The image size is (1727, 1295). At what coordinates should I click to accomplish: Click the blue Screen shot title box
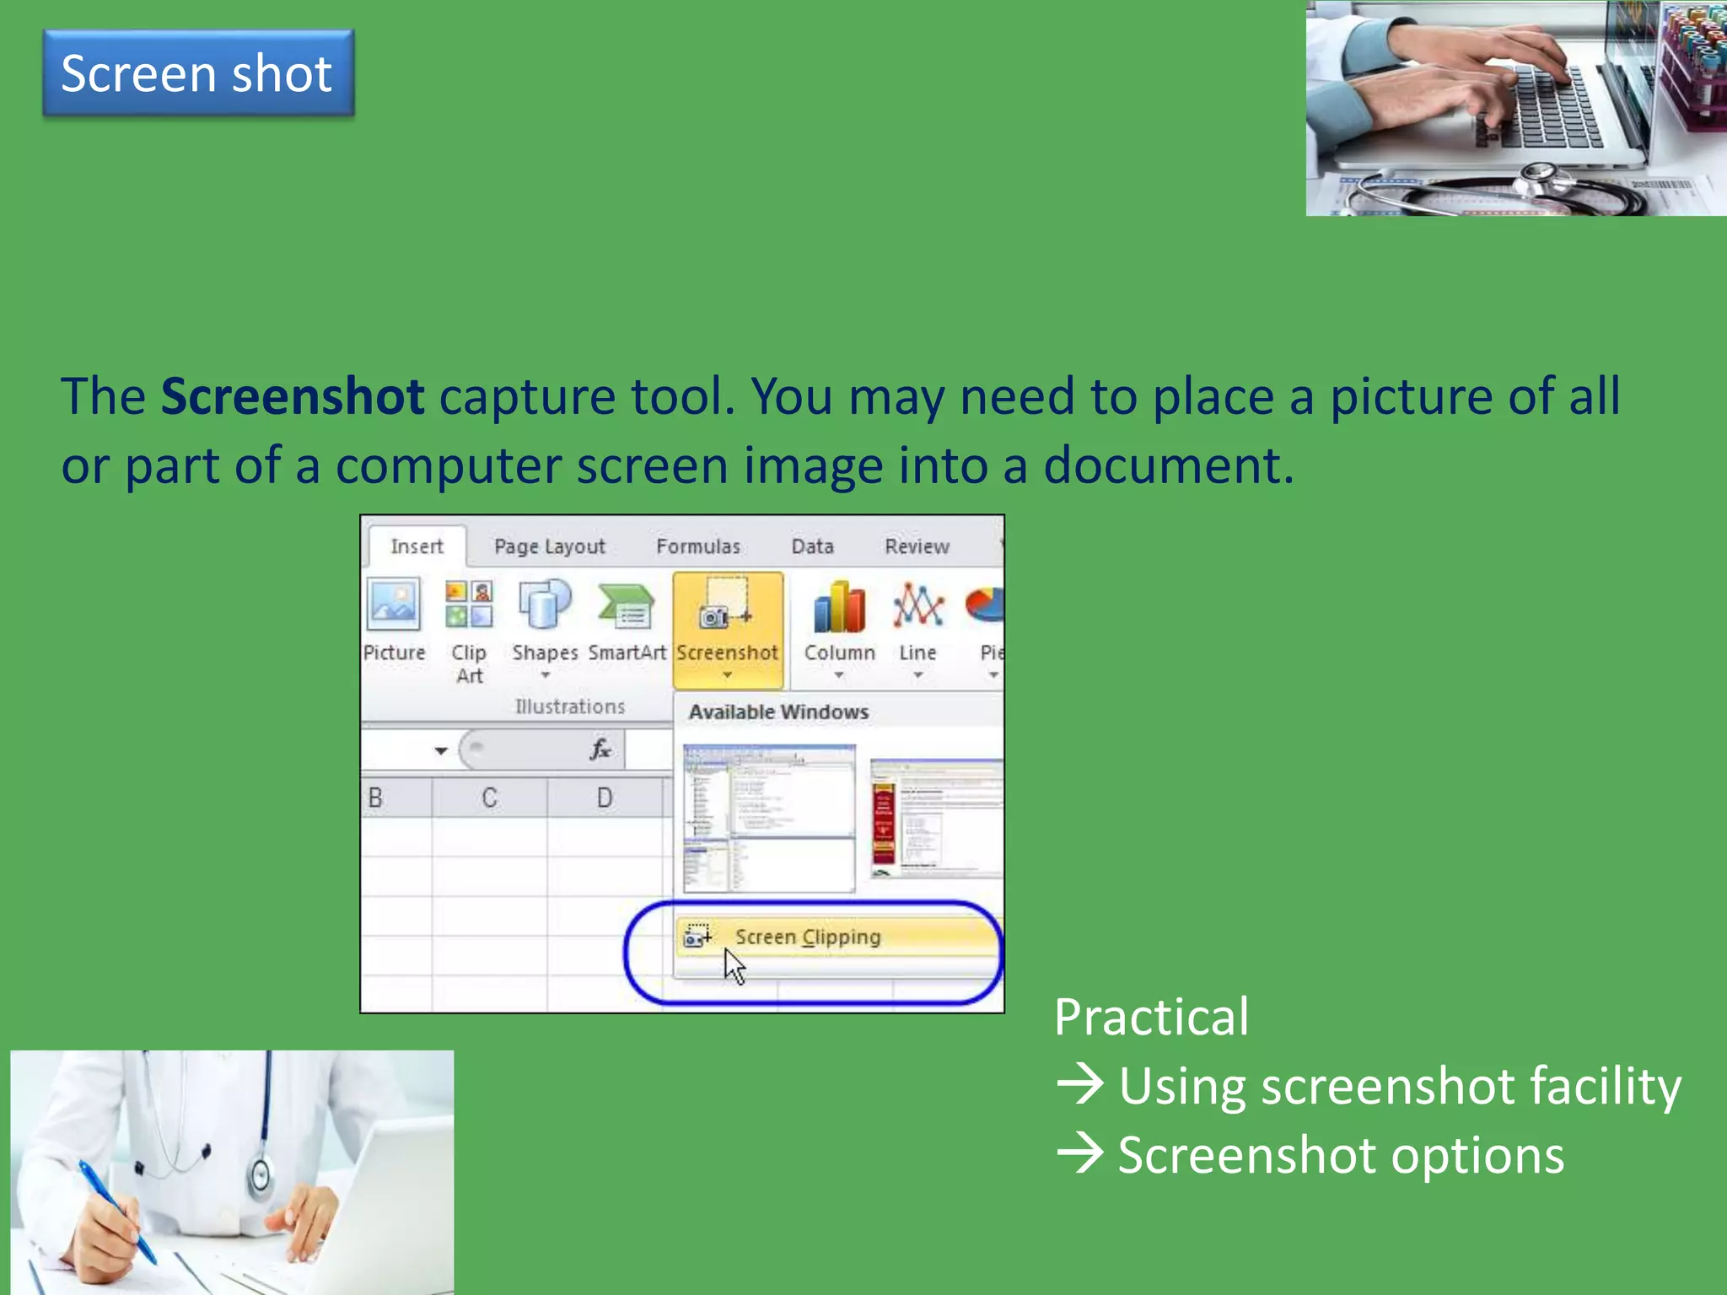(198, 73)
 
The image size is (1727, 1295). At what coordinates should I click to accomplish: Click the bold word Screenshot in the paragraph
(292, 396)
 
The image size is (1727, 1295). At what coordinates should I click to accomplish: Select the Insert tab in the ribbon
(417, 546)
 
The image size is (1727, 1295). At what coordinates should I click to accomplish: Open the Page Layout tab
(550, 546)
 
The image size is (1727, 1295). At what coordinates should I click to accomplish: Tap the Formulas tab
(698, 546)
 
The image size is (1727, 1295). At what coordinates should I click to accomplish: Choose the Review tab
(917, 546)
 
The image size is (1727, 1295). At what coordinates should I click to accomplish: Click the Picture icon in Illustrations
(394, 605)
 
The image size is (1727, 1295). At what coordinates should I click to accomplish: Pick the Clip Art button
(469, 605)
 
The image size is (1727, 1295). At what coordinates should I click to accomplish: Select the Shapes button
(545, 605)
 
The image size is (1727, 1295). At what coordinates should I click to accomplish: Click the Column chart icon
(839, 607)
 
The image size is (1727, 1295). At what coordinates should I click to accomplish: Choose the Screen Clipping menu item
(807, 937)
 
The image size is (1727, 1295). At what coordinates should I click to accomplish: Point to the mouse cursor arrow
(734, 966)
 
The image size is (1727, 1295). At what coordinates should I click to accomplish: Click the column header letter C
(489, 798)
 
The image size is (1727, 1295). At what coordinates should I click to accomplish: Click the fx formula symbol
(600, 749)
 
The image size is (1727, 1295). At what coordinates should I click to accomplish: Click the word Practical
(1151, 1017)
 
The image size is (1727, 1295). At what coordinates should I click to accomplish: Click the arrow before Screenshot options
(1079, 1153)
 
